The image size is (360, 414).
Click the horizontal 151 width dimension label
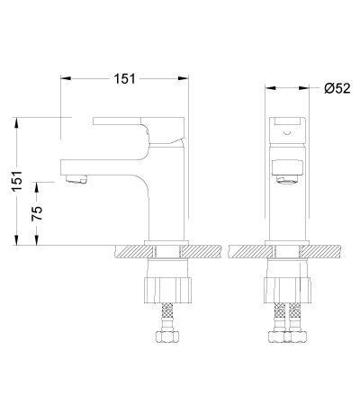[124, 79]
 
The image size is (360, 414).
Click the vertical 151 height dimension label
[17, 181]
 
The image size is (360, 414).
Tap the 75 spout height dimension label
[37, 213]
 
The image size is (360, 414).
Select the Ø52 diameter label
[337, 88]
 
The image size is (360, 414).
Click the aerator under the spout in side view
[76, 179]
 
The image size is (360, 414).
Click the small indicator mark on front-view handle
[287, 133]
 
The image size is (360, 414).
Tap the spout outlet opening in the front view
[288, 181]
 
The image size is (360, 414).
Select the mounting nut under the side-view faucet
[167, 291]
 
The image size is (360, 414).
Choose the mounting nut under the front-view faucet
[287, 291]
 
